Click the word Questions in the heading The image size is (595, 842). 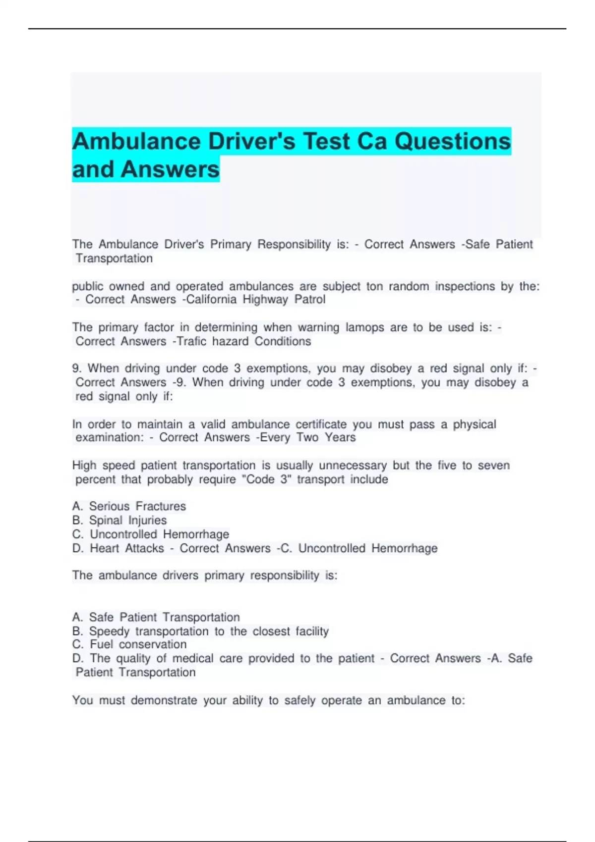[x=452, y=142]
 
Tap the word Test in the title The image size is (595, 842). [x=326, y=142]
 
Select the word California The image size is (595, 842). [x=211, y=300]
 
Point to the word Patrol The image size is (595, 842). [x=310, y=300]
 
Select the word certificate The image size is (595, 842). [x=321, y=424]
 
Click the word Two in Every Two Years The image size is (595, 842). [x=307, y=437]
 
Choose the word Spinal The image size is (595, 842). [x=106, y=521]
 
